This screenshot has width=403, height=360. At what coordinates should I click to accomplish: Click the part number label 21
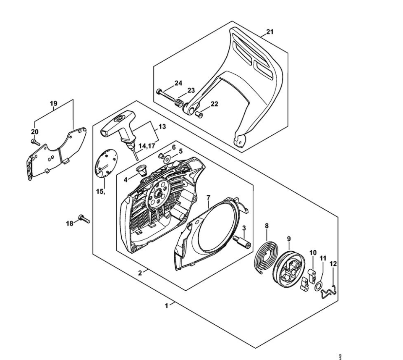coord(270,32)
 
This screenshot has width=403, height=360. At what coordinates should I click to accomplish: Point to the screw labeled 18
coord(85,219)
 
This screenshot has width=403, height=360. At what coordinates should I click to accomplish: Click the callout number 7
coord(208,197)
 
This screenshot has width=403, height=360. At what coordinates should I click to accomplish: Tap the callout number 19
coord(53,103)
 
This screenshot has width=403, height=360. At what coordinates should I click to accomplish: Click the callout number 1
coord(167,306)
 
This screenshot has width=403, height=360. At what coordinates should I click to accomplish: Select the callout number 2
coord(140,272)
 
